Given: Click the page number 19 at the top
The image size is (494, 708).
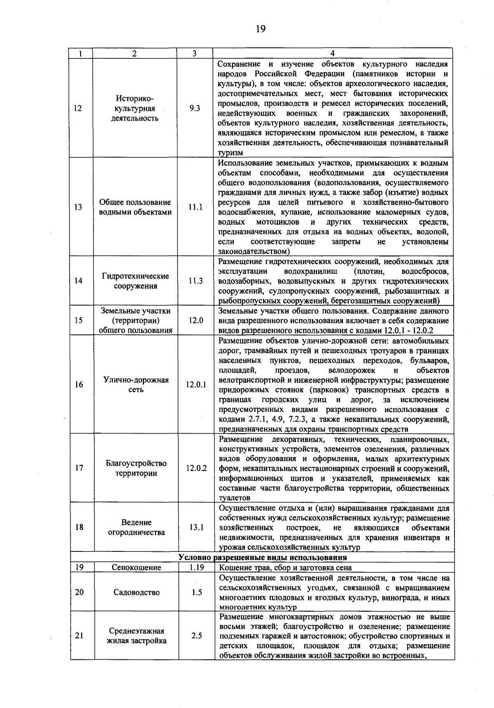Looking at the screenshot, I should (261, 29).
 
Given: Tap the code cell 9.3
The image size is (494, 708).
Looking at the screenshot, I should (195, 108).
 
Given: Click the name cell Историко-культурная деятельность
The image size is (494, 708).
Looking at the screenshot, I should (135, 108).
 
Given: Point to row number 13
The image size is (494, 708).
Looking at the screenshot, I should (78, 207).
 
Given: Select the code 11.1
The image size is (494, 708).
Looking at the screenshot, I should (195, 207).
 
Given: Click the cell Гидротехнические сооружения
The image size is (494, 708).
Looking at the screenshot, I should (135, 281).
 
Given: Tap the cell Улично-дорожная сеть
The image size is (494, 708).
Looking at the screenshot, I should (136, 385).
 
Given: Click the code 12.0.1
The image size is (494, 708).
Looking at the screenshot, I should (196, 385).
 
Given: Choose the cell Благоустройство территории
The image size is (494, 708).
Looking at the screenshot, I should (136, 468).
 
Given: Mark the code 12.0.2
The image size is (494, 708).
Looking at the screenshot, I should (196, 468).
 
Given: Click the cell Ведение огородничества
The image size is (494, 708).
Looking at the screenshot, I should (136, 527).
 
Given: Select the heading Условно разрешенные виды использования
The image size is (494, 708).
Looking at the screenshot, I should (263, 558).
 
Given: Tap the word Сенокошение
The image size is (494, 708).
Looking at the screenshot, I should (136, 567).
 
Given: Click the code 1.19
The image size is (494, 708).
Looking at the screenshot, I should (197, 567).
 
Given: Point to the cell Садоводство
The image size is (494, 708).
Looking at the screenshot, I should (137, 593).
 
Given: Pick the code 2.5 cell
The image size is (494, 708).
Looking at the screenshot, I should (197, 636).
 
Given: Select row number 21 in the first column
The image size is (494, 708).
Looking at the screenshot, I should (79, 636).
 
